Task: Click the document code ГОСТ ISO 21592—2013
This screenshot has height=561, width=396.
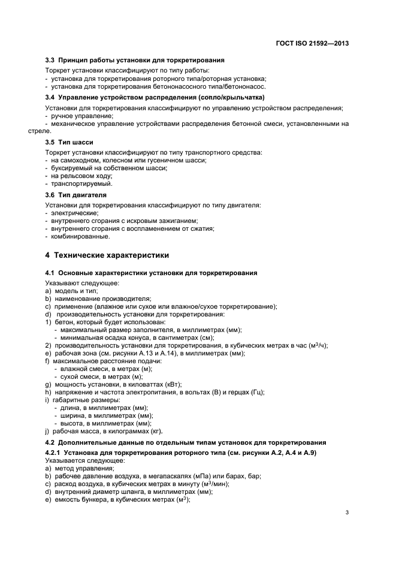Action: click(x=312, y=43)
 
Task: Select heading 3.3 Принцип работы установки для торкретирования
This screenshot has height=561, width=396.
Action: click(x=135, y=61)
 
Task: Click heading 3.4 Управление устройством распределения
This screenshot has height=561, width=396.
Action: click(x=155, y=97)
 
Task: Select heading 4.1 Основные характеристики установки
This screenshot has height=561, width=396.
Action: click(x=151, y=273)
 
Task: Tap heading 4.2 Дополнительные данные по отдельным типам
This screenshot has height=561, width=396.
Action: click(x=185, y=441)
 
